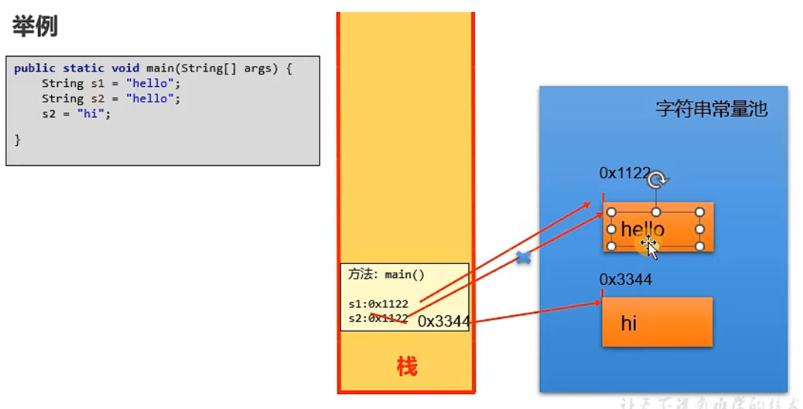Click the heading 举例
(35, 27)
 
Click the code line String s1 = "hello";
(111, 83)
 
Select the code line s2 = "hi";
(76, 114)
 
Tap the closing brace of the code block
(18, 139)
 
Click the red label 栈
(407, 367)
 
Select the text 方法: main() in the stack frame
(386, 274)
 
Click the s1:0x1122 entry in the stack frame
(378, 303)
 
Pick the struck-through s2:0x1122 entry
(378, 318)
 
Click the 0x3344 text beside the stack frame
(443, 321)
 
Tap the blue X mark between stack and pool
(523, 258)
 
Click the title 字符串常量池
(711, 109)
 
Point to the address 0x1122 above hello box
(625, 173)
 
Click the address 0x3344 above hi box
(625, 279)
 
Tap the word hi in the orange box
(628, 323)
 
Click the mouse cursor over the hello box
(650, 245)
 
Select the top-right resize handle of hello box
(700, 212)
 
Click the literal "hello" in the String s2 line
(152, 98)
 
